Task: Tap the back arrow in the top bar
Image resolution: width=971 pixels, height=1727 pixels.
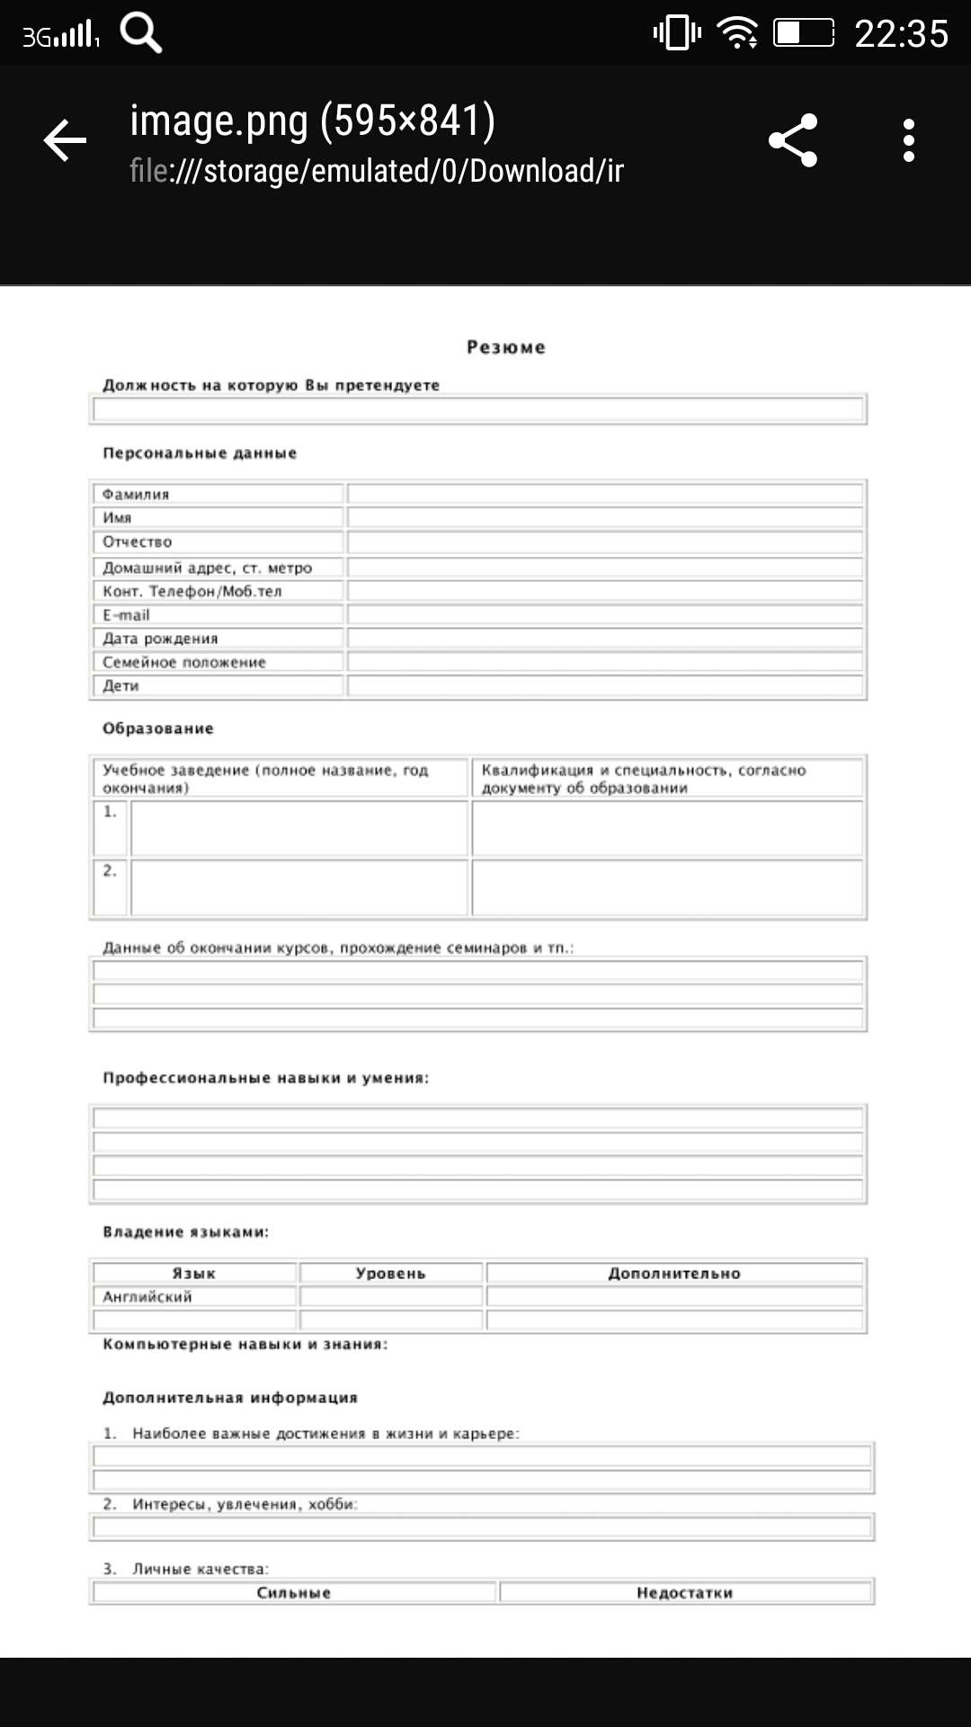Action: pyautogui.click(x=65, y=140)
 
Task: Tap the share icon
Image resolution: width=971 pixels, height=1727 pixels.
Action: pyautogui.click(x=793, y=140)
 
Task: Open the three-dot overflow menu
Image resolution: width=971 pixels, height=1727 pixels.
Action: pyautogui.click(x=909, y=140)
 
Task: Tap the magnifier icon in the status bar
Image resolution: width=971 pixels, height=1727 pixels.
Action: pyautogui.click(x=141, y=34)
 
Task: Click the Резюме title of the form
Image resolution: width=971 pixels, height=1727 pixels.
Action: pyautogui.click(x=505, y=347)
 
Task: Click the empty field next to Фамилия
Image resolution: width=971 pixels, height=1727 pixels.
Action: pyautogui.click(x=604, y=494)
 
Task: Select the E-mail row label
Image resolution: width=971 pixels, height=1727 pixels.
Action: pyautogui.click(x=217, y=615)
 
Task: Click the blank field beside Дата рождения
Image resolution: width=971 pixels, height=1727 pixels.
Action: pyautogui.click(x=604, y=639)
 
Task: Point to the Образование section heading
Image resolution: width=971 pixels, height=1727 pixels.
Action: pyautogui.click(x=158, y=729)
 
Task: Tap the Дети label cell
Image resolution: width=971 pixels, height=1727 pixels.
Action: pyautogui.click(x=217, y=686)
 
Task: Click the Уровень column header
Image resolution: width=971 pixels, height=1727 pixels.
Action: pyautogui.click(x=390, y=1273)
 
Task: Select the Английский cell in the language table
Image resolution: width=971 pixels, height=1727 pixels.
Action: pyautogui.click(x=194, y=1296)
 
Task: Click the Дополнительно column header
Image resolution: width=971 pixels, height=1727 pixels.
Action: pyautogui.click(x=674, y=1273)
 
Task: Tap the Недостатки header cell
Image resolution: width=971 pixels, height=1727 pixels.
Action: pyautogui.click(x=685, y=1593)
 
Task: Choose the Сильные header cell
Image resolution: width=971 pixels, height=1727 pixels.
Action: pyautogui.click(x=294, y=1593)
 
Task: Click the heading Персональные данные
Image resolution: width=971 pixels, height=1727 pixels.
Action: pyautogui.click(x=200, y=453)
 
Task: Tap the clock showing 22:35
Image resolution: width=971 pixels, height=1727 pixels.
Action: pyautogui.click(x=901, y=34)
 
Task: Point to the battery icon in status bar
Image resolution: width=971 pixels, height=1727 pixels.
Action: pyautogui.click(x=804, y=34)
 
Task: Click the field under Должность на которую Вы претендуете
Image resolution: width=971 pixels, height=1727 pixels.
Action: pyautogui.click(x=478, y=410)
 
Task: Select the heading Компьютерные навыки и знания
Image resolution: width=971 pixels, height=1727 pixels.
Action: pyautogui.click(x=245, y=1345)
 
